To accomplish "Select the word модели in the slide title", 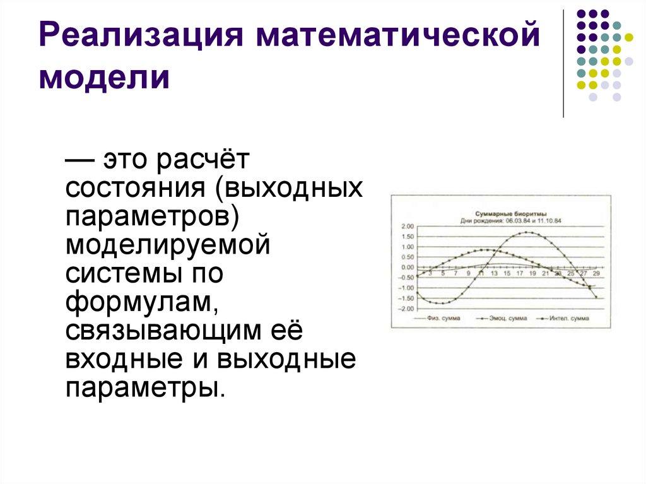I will [105, 79].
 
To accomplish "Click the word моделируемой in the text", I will [168, 245].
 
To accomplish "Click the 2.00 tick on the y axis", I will [406, 226].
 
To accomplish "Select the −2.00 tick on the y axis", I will [404, 309].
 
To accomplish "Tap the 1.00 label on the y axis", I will [406, 247].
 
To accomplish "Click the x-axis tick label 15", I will [507, 273].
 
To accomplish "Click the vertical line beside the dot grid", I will [563, 63].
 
